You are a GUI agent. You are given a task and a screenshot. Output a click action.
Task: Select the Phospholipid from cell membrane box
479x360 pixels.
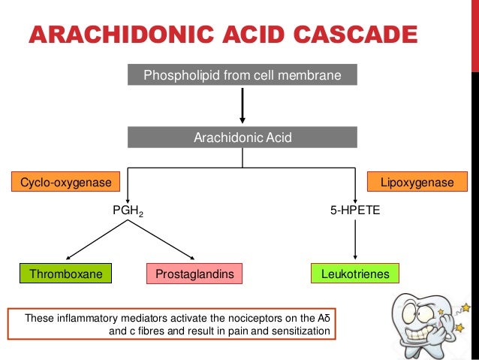pos(242,76)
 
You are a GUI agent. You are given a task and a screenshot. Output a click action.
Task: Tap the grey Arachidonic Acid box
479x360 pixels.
pos(242,138)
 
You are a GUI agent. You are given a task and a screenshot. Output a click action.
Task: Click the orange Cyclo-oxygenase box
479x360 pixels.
pos(66,182)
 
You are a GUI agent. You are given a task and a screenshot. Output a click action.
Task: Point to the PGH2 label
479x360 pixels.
pos(128,212)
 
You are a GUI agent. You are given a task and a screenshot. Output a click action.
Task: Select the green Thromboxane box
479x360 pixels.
pos(66,274)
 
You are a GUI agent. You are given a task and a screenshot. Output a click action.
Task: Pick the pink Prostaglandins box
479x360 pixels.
pos(194,274)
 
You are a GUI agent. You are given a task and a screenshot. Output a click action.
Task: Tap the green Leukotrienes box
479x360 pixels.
pos(354,274)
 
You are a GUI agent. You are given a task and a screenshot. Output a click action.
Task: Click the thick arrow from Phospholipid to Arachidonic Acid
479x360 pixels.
pos(242,105)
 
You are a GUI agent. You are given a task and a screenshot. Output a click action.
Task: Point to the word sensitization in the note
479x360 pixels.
pos(300,331)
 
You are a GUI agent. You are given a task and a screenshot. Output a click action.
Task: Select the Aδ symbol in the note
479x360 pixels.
pos(324,318)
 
